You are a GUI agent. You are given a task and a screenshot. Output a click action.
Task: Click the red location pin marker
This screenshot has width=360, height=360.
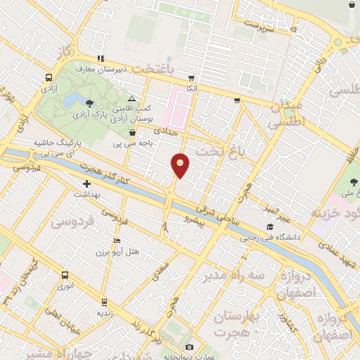coord(180,165)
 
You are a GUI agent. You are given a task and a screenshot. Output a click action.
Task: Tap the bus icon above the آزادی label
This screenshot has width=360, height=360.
coord(49,78)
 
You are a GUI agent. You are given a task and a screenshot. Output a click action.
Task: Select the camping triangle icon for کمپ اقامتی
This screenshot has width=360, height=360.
coord(131,98)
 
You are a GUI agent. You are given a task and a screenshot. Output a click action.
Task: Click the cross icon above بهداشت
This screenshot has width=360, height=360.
coord(86,184)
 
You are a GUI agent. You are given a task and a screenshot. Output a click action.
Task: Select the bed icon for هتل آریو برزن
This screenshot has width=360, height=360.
coord(117,240)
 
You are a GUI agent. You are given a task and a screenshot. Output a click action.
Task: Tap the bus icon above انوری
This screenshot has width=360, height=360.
coord(65,274)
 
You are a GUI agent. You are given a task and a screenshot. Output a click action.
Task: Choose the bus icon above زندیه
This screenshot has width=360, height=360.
coord(105,302)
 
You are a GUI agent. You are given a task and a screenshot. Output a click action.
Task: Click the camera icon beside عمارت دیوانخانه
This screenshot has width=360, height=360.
coord(188,347)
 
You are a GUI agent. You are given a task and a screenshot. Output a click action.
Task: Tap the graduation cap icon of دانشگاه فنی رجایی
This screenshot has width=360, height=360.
coord(270,227)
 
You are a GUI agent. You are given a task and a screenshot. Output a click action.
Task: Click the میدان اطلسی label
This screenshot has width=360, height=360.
coord(285,113)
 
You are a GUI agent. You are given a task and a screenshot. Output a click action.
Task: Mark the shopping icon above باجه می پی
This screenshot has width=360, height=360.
coord(131,132)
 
